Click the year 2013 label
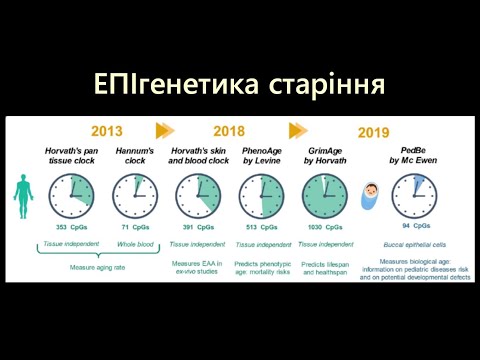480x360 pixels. (x=107, y=129)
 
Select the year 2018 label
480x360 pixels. (x=228, y=129)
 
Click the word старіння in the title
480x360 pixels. (x=325, y=82)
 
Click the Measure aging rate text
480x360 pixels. (x=98, y=267)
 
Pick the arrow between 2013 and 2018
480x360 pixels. (x=165, y=129)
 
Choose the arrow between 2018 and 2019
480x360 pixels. (x=298, y=129)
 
